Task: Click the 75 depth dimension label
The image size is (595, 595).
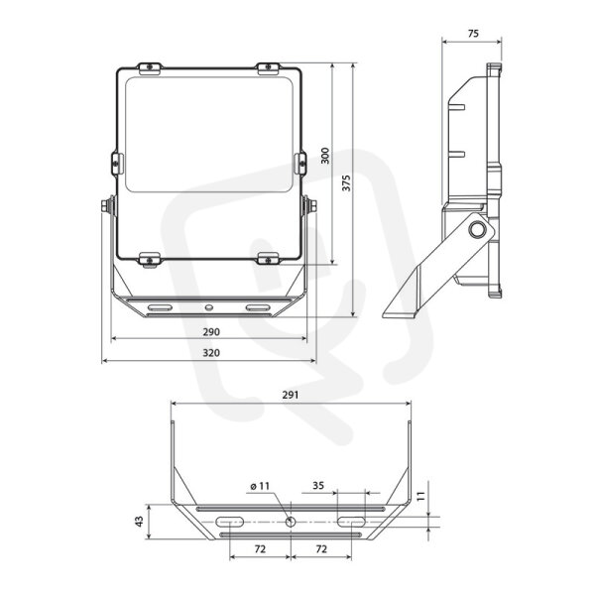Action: click(x=473, y=34)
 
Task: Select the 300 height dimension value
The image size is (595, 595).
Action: click(x=325, y=156)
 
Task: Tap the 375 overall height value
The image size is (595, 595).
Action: click(x=346, y=182)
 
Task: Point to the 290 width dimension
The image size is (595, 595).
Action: click(x=211, y=332)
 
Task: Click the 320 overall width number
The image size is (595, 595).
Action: click(x=211, y=353)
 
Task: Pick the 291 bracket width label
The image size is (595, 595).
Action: click(x=291, y=395)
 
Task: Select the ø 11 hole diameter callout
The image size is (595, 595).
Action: click(x=260, y=486)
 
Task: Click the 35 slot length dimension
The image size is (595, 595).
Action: click(x=318, y=485)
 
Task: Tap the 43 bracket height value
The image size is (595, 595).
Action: click(x=140, y=522)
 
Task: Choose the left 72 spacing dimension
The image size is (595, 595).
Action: click(x=260, y=549)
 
